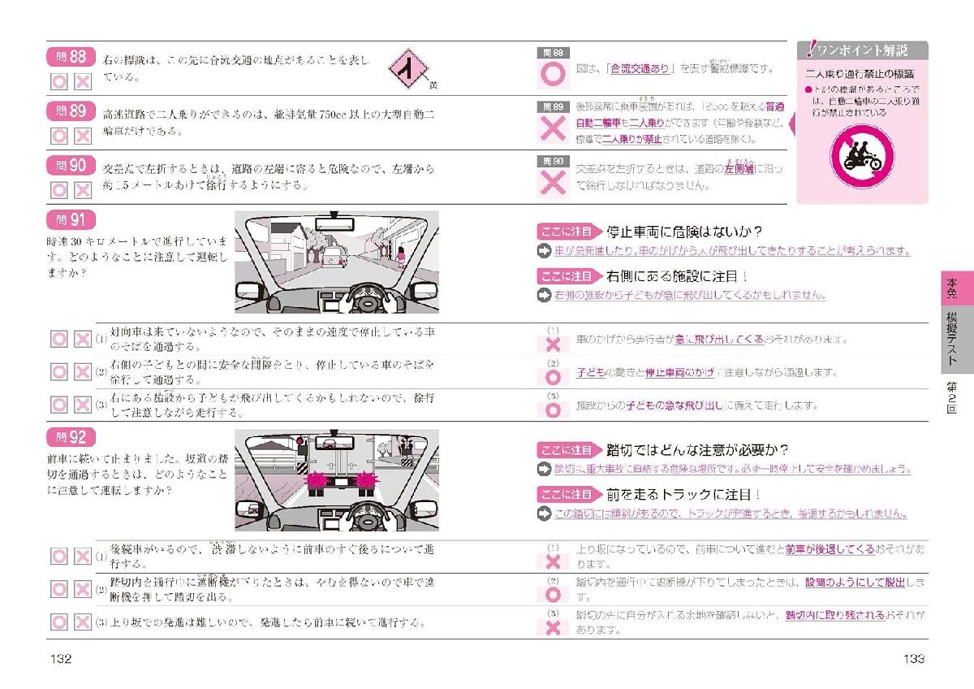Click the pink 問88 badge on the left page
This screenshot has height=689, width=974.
pyautogui.click(x=71, y=58)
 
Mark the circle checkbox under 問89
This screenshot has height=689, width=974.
pyautogui.click(x=59, y=135)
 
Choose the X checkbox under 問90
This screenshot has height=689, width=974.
pyautogui.click(x=82, y=190)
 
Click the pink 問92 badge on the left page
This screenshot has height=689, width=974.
pyautogui.click(x=71, y=438)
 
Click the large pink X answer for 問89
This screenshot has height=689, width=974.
pyautogui.click(x=554, y=130)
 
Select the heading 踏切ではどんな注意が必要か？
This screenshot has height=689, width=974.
pyautogui.click(x=697, y=450)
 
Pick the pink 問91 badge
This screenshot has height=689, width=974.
pyautogui.click(x=71, y=220)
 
